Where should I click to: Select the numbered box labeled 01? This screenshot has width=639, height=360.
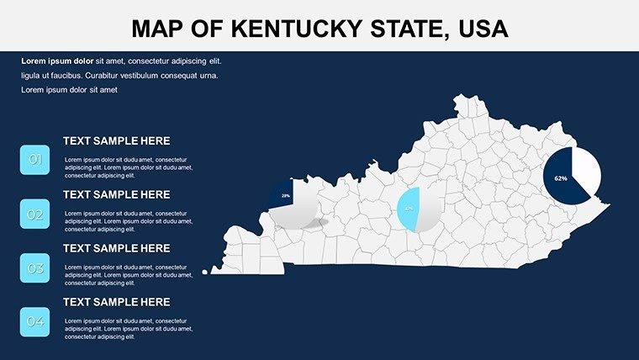35,159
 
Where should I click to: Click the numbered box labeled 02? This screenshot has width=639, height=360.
35,214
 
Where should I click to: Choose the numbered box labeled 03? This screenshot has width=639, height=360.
35,268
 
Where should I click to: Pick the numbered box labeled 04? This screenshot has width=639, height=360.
35,322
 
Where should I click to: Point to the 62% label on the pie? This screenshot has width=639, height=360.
561,178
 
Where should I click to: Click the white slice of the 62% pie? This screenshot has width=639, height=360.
587,167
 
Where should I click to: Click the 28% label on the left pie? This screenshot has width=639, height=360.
286,196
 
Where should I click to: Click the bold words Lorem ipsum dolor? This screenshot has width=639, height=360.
57,61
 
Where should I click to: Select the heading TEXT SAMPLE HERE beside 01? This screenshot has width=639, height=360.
116,141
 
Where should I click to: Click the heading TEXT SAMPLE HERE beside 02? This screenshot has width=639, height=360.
116,194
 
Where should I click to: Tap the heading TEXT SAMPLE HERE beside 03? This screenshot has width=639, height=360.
116,248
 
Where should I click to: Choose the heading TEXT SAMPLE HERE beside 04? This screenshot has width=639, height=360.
116,302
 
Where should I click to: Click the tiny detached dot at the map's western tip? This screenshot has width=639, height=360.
205,272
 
